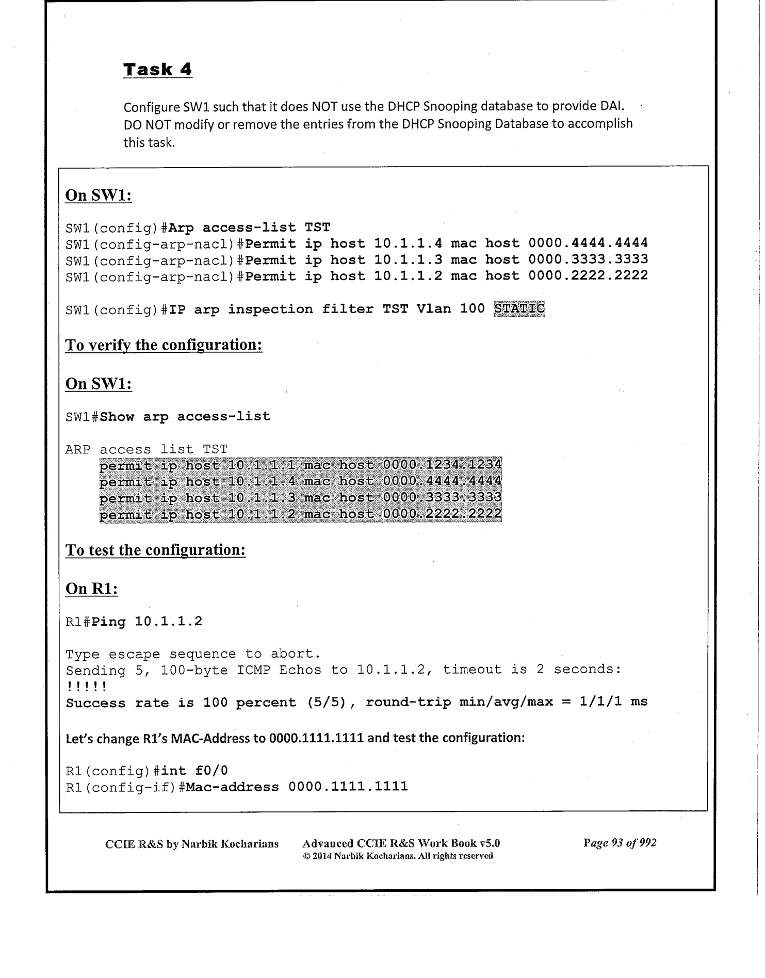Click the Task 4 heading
(157, 69)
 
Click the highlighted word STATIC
(519, 308)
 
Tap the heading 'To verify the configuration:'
(164, 345)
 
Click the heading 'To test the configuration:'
(155, 550)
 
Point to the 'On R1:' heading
(92, 589)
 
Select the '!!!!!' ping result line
(86, 687)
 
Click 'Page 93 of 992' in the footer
(620, 843)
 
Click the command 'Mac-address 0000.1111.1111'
(297, 787)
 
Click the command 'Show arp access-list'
(185, 416)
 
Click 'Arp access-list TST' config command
(250, 227)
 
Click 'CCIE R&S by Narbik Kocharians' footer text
(191, 844)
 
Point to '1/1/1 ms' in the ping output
(613, 702)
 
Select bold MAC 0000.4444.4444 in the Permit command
(588, 243)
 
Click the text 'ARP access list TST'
(146, 449)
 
